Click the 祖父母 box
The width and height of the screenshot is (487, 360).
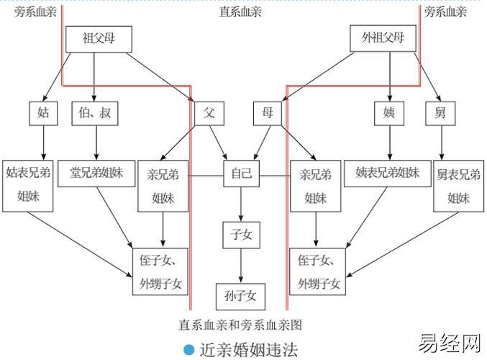pos(99,39)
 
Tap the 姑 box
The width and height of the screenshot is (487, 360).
pos(42,113)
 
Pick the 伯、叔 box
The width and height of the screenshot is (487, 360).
pos(95,113)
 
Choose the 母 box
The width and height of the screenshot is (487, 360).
pos(268,113)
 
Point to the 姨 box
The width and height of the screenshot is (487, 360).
pos(389,113)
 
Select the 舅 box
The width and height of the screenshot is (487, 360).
pos(440,113)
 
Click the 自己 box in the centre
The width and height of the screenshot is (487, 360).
pos(241,174)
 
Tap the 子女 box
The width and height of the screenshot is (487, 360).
pos(241,234)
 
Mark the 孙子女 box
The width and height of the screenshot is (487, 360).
pos(241,295)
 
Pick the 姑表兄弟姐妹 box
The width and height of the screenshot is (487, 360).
pos(28,185)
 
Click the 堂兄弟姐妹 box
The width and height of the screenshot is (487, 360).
pos(96,174)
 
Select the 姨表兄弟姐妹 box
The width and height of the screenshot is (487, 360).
pos(388,174)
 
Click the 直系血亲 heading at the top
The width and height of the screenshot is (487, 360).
pos(240,12)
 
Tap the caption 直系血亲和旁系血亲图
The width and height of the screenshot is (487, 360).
pos(240,324)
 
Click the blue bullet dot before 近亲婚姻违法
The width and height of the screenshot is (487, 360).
pos(189,350)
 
